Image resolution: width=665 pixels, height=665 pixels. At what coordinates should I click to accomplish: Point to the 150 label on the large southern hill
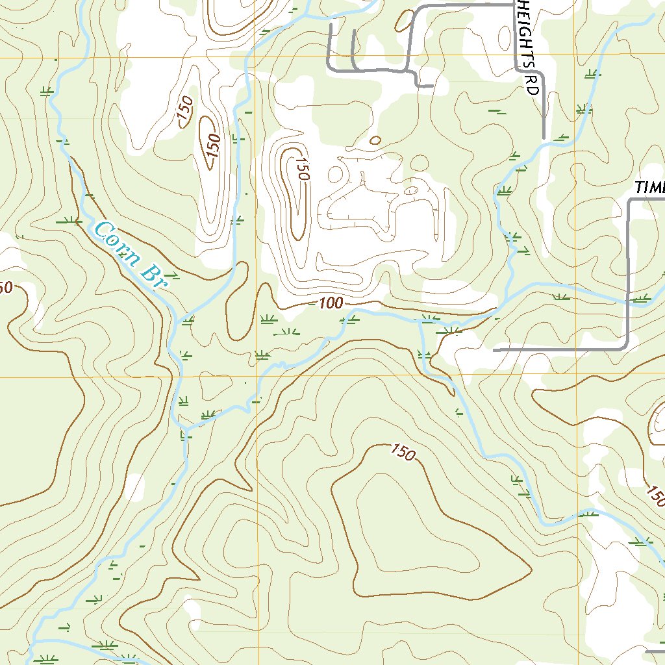click(403, 453)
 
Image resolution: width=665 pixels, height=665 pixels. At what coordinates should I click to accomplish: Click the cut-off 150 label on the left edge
click(5, 287)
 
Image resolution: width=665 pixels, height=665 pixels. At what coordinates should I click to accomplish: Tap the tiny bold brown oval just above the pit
click(375, 140)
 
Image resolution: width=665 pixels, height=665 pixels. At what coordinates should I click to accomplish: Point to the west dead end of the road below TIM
click(495, 350)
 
